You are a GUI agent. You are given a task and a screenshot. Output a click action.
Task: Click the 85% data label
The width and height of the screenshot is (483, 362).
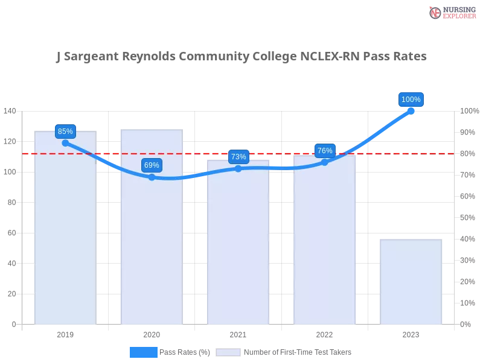[x=65, y=131]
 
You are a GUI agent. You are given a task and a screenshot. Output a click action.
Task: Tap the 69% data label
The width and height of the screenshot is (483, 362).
[x=152, y=165]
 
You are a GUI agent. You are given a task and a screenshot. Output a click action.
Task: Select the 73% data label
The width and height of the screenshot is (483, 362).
[x=238, y=156]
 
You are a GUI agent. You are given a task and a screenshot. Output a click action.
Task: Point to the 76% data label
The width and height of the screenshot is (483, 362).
[x=325, y=150]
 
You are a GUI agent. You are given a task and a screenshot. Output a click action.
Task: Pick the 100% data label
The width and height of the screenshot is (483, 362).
[x=411, y=99]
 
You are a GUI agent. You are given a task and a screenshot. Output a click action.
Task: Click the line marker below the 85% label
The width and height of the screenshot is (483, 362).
[x=65, y=143]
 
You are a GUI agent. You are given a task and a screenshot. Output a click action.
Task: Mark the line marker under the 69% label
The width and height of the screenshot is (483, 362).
[x=152, y=177]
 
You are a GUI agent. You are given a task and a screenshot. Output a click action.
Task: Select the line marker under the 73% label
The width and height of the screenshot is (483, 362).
[x=238, y=168]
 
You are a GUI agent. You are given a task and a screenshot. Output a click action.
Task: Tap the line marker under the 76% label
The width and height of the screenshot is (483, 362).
[x=325, y=162]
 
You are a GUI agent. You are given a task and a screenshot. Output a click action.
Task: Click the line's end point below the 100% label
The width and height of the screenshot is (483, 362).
[x=412, y=110]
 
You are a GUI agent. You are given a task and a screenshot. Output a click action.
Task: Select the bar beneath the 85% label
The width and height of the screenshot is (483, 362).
[x=65, y=241]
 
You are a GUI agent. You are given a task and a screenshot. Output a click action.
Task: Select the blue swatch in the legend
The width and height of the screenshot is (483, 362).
[x=143, y=352]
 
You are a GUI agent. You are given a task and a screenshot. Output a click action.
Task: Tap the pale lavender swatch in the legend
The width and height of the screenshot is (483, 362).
[x=228, y=352]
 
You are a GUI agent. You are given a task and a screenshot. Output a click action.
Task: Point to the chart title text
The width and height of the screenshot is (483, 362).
[x=241, y=57]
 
